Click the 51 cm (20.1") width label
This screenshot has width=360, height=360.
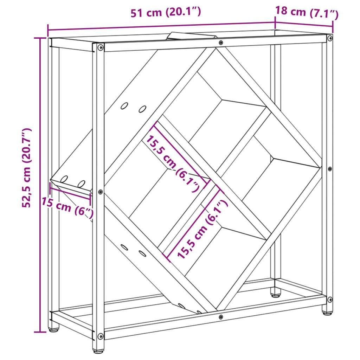point(166,12)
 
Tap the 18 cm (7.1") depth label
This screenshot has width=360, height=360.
point(307,12)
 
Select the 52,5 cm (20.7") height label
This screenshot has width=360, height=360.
point(26,168)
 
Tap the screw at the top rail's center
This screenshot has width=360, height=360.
point(221,43)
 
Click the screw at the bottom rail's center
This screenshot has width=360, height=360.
point(221,317)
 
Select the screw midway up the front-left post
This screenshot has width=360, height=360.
point(100,192)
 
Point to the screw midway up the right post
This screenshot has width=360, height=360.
point(330,169)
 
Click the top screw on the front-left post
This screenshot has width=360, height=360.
point(101,47)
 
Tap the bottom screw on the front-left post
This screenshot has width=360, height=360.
point(101,336)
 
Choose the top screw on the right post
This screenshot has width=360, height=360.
point(330,38)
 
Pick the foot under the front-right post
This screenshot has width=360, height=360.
point(327,312)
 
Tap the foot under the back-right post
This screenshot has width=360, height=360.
point(276,295)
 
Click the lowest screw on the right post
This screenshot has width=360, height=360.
point(330,300)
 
